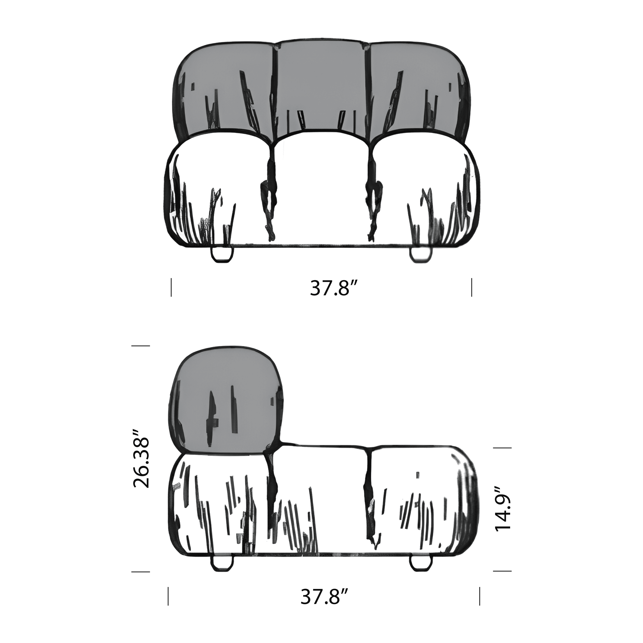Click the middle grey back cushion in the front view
321,87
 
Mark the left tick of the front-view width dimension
171,287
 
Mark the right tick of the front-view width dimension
472,287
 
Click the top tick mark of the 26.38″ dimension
141,346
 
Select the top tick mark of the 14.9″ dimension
502,448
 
